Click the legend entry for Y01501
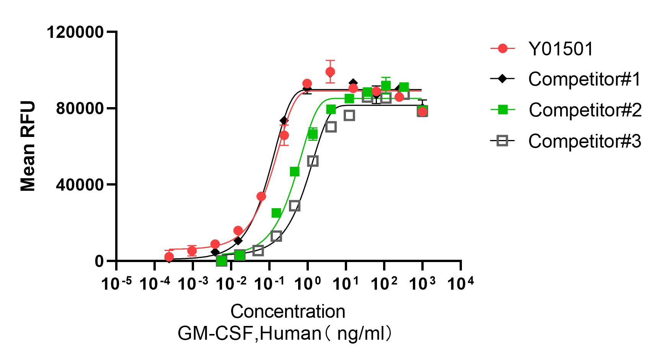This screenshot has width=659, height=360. [x=561, y=49]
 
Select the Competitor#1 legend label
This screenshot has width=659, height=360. [x=584, y=80]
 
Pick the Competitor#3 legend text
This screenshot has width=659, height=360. [x=584, y=141]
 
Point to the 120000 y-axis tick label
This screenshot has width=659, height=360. [x=75, y=32]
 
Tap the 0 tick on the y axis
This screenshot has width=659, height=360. [x=100, y=262]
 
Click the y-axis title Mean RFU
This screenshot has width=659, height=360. [x=28, y=146]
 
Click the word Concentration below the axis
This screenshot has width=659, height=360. [x=288, y=312]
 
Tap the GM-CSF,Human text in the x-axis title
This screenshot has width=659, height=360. [x=249, y=334]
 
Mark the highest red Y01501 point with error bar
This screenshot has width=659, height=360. [x=330, y=72]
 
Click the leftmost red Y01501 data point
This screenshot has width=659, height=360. [x=169, y=257]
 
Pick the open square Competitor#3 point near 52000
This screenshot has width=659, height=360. [x=313, y=161]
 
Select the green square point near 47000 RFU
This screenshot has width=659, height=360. [x=294, y=171]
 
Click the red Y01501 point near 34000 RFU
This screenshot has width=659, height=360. [x=261, y=196]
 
